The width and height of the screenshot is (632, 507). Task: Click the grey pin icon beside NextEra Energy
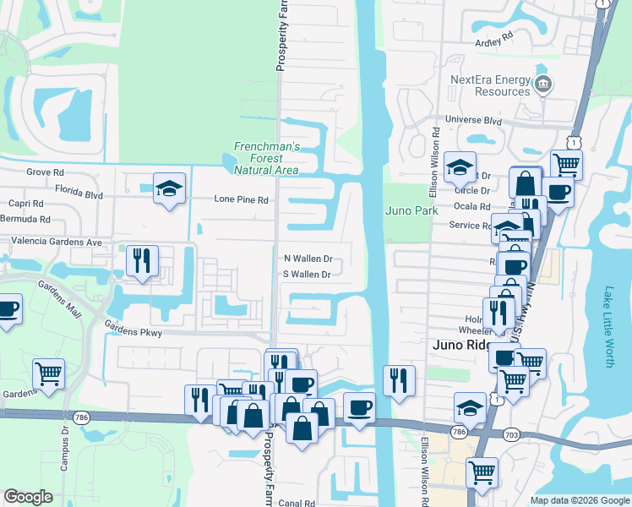coord(543,84)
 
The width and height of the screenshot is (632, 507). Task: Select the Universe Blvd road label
coord(473,121)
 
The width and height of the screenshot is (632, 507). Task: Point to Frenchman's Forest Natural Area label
coord(267,158)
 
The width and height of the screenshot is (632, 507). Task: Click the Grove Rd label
coord(46,172)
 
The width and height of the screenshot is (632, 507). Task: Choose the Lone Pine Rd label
coord(241,200)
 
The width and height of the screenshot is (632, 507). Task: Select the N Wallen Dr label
coord(308,259)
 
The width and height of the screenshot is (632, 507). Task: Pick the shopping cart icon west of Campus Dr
coord(49,373)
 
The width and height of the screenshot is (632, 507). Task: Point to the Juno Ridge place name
coord(460,345)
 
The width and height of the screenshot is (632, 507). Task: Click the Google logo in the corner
coord(29,496)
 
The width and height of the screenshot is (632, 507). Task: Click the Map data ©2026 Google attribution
coord(579,500)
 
